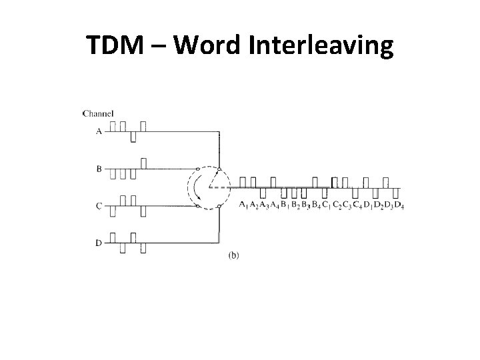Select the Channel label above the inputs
98,113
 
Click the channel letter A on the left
99,132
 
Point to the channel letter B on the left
99,169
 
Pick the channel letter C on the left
99,207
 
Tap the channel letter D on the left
99,243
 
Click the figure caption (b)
233,255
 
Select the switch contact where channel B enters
198,169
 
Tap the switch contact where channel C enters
198,206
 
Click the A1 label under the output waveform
244,204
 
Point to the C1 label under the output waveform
327,204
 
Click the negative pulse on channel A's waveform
133,137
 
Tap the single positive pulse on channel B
143,163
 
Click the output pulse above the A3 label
264,192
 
